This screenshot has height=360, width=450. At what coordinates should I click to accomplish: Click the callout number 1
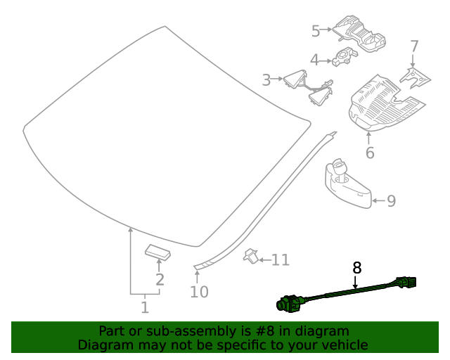coord(144,307)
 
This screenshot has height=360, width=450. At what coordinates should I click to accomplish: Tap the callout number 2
coord(160,280)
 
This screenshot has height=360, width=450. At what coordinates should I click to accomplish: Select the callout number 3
coord(266,80)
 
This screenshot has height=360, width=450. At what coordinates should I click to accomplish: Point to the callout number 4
coord(315,60)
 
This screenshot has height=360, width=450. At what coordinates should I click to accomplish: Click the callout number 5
coord(316,30)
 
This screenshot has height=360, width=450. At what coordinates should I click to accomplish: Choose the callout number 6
coord(370,153)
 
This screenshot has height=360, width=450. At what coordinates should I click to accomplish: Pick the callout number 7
coord(414,46)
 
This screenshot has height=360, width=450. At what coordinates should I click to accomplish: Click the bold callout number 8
coord(356,267)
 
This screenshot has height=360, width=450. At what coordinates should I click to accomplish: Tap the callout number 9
coord(391,201)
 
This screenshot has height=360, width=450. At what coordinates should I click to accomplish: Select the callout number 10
coord(199,291)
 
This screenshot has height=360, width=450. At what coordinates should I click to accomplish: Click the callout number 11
coord(280,260)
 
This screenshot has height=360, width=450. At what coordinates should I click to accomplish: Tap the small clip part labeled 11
coord(250,257)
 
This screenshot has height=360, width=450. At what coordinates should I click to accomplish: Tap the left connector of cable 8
coord(290,303)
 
